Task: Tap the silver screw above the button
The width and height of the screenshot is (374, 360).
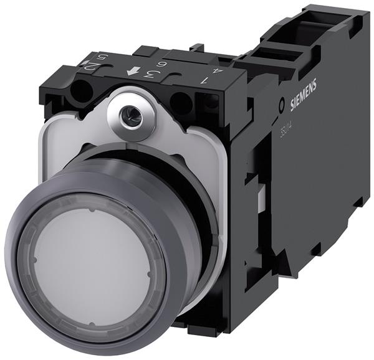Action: pos(132,113)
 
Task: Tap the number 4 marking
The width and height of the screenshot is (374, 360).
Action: pos(216,70)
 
